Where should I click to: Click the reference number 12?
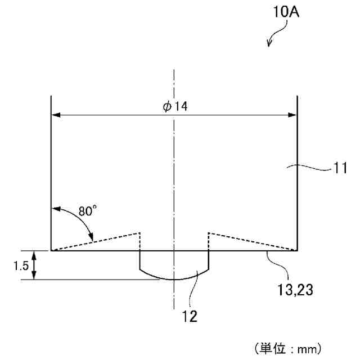pyautogui.click(x=190, y=316)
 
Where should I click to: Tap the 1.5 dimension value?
pyautogui.click(x=20, y=265)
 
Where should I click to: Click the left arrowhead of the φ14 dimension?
pyautogui.click(x=56, y=115)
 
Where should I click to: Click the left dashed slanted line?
pyautogui.click(x=96, y=241)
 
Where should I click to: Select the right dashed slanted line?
pyautogui.click(x=253, y=241)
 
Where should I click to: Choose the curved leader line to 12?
pyautogui.click(x=194, y=290)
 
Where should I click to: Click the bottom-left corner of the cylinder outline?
pyautogui.click(x=52, y=250)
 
